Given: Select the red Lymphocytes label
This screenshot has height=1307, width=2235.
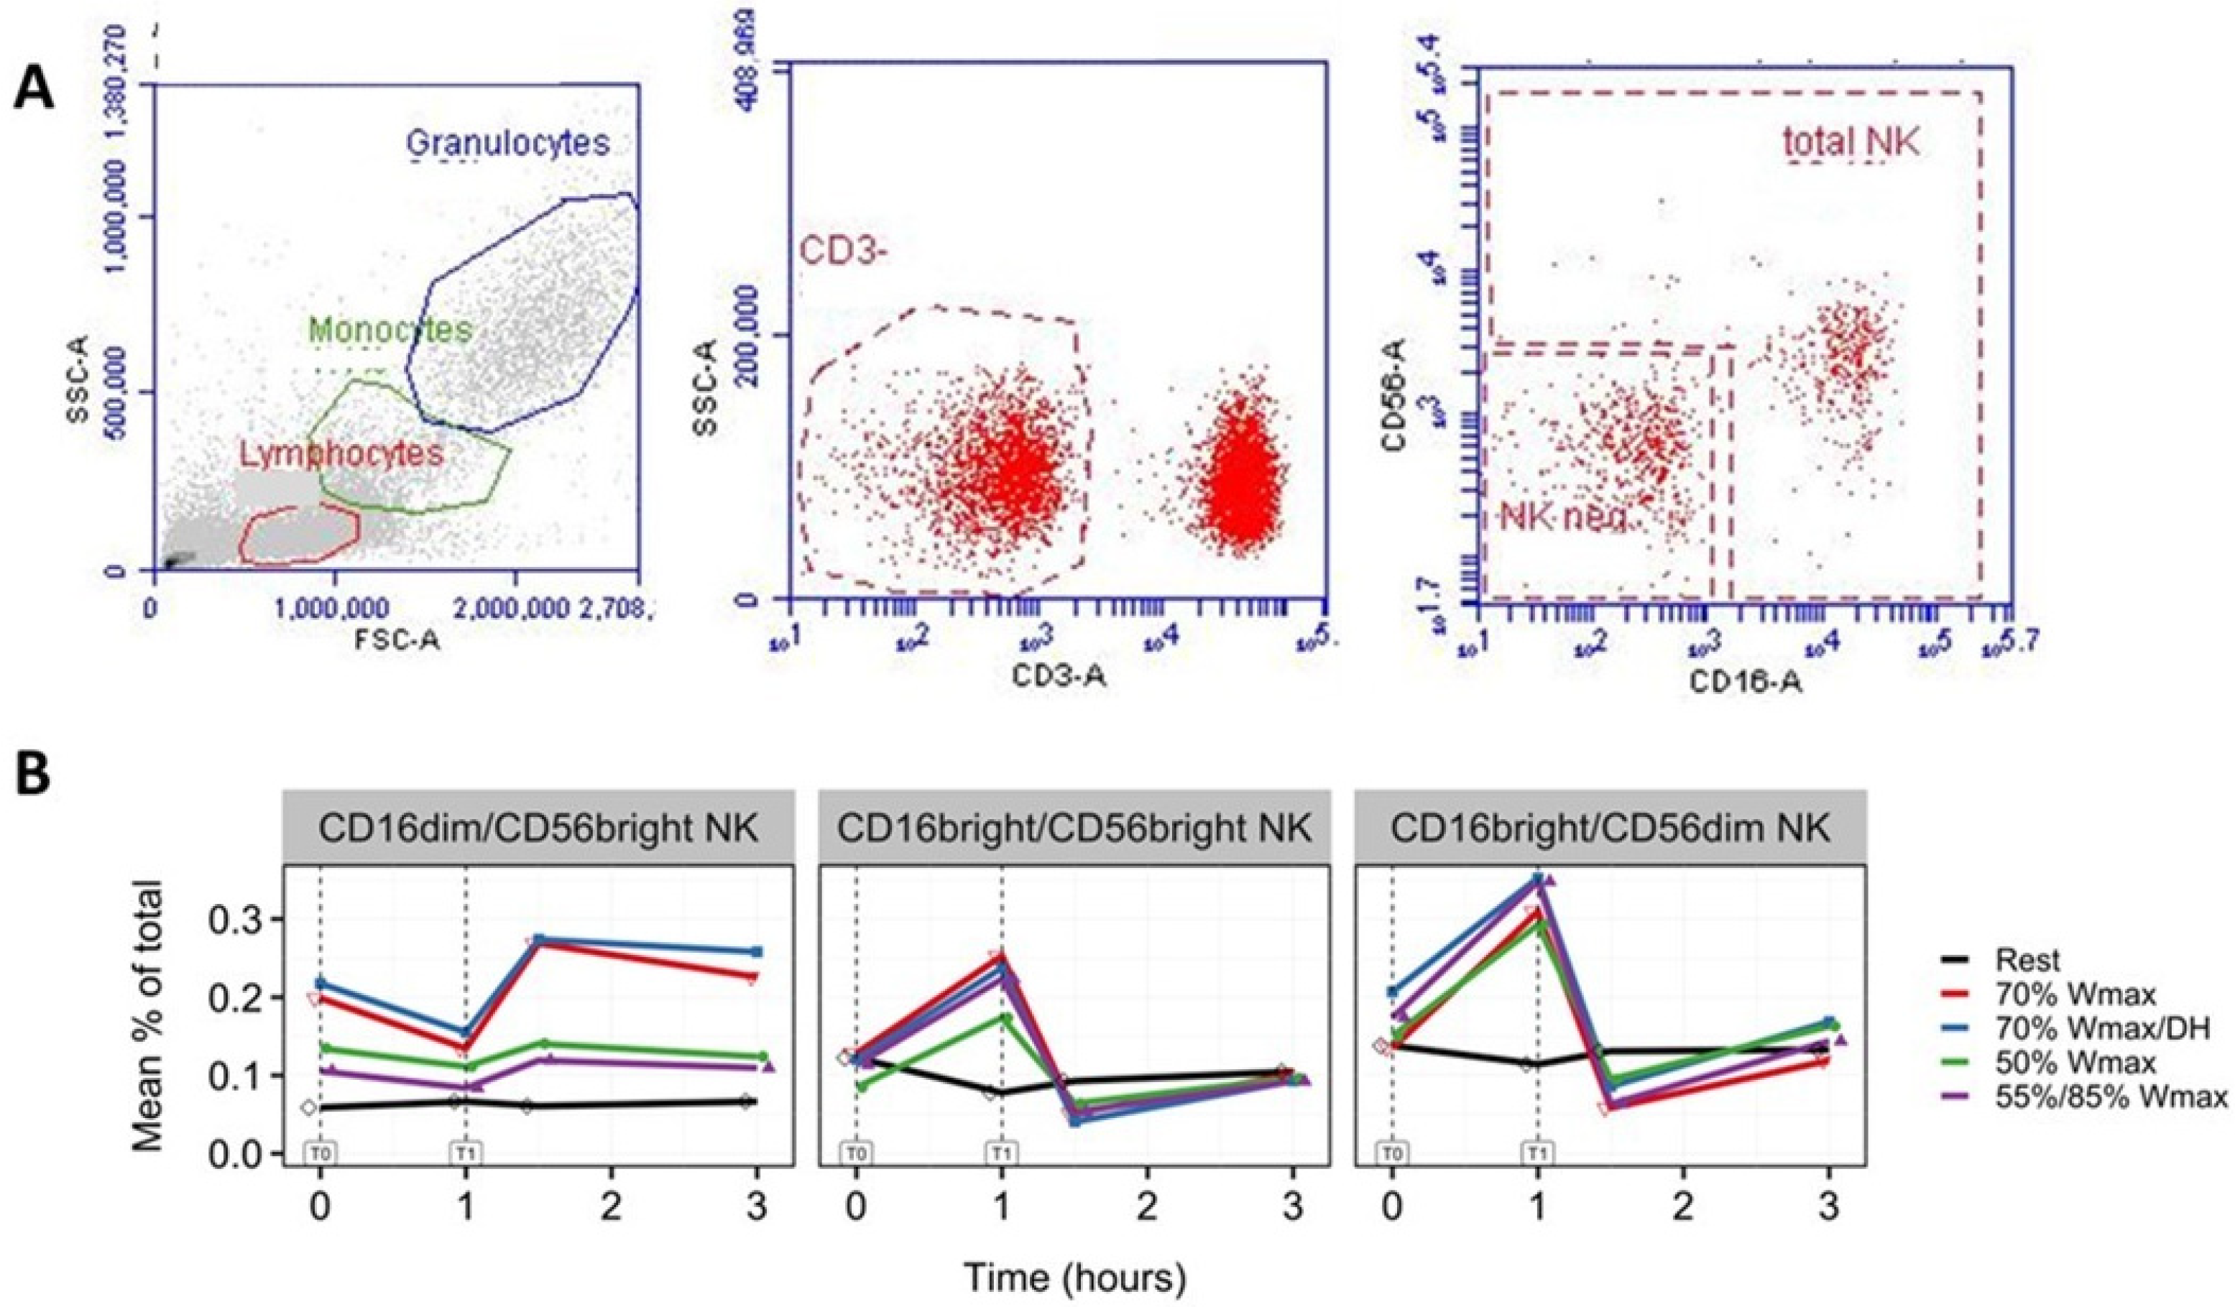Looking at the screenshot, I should pyautogui.click(x=341, y=454).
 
